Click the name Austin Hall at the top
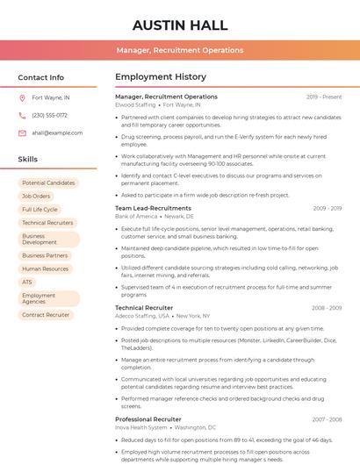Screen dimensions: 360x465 tap(180, 25)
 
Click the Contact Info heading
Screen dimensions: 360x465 tap(40, 77)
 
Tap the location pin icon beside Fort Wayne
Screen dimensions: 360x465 tap(22, 97)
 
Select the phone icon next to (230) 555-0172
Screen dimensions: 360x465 tap(22, 115)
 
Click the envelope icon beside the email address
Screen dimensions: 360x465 tap(22, 132)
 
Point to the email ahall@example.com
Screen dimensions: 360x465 tap(57, 132)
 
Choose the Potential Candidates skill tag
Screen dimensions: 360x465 tap(48, 182)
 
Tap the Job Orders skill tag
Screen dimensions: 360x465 tap(36, 196)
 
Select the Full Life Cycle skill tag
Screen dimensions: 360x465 tap(40, 210)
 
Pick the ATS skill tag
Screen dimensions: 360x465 tap(27, 283)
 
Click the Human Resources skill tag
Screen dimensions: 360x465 tap(45, 269)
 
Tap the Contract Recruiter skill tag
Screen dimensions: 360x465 tap(46, 315)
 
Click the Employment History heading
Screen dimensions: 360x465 tap(161, 77)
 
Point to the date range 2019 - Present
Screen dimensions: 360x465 tap(324, 97)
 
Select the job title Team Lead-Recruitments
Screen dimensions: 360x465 tap(153, 208)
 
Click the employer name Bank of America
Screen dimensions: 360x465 tap(136, 216)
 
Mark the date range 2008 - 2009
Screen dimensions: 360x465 tap(326, 308)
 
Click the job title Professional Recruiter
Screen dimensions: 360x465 tap(148, 419)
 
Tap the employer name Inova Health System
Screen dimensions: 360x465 tap(141, 427)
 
